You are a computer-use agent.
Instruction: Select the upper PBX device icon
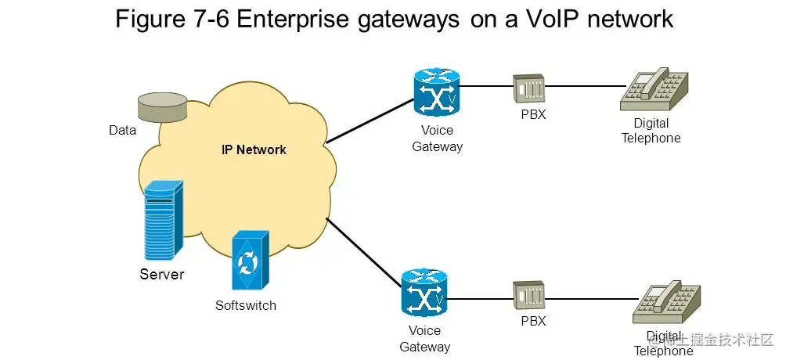coord(528,88)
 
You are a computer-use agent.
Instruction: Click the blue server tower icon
coord(163,221)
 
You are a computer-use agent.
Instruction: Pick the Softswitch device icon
coord(251,261)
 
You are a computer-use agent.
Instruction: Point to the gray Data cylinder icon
coord(162,107)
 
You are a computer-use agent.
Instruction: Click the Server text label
coord(162,274)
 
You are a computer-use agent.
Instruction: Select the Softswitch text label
coord(246,305)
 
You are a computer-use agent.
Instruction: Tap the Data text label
coord(122,131)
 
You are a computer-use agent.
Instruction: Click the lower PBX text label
coord(533,321)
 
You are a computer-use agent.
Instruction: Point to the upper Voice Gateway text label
coord(437,139)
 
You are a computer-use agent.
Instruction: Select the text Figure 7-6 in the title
coord(171,19)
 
